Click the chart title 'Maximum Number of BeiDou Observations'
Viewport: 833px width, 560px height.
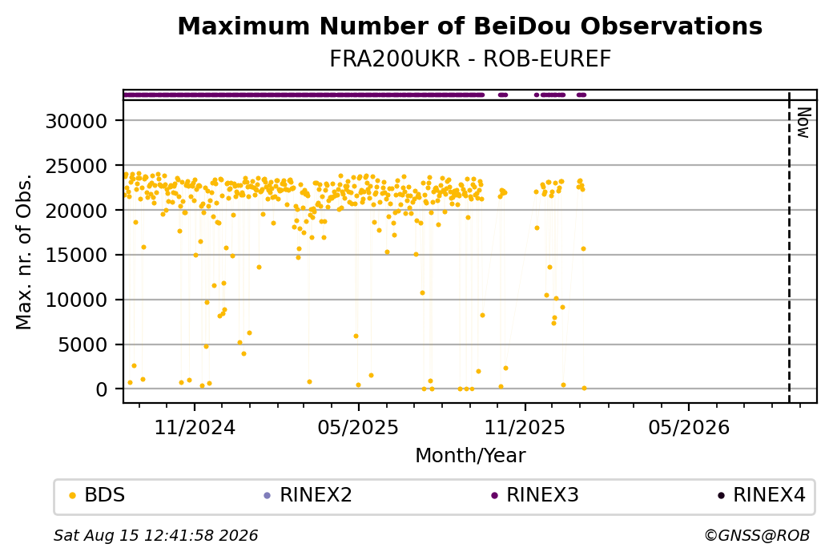tap(469, 26)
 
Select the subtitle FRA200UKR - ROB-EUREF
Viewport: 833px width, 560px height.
tap(469, 59)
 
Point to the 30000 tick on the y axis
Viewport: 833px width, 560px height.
tap(77, 121)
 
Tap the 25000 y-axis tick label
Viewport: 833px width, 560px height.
tap(77, 167)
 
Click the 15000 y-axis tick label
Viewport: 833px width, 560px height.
tap(77, 256)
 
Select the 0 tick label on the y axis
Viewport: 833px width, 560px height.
tap(102, 390)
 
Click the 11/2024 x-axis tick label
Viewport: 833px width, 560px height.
tap(195, 427)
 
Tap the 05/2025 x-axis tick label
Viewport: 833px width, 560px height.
tap(358, 427)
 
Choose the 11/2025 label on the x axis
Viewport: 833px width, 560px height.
tap(525, 427)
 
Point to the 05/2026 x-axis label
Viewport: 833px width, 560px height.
tap(689, 427)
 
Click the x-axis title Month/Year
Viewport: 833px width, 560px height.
tap(470, 455)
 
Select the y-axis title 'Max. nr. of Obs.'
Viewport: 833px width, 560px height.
tap(24, 252)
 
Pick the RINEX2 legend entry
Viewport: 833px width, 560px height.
tap(308, 495)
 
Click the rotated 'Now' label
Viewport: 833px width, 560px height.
tap(804, 123)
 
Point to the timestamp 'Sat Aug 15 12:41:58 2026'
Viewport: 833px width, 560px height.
tap(155, 535)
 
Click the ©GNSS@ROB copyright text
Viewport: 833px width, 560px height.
tap(757, 535)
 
